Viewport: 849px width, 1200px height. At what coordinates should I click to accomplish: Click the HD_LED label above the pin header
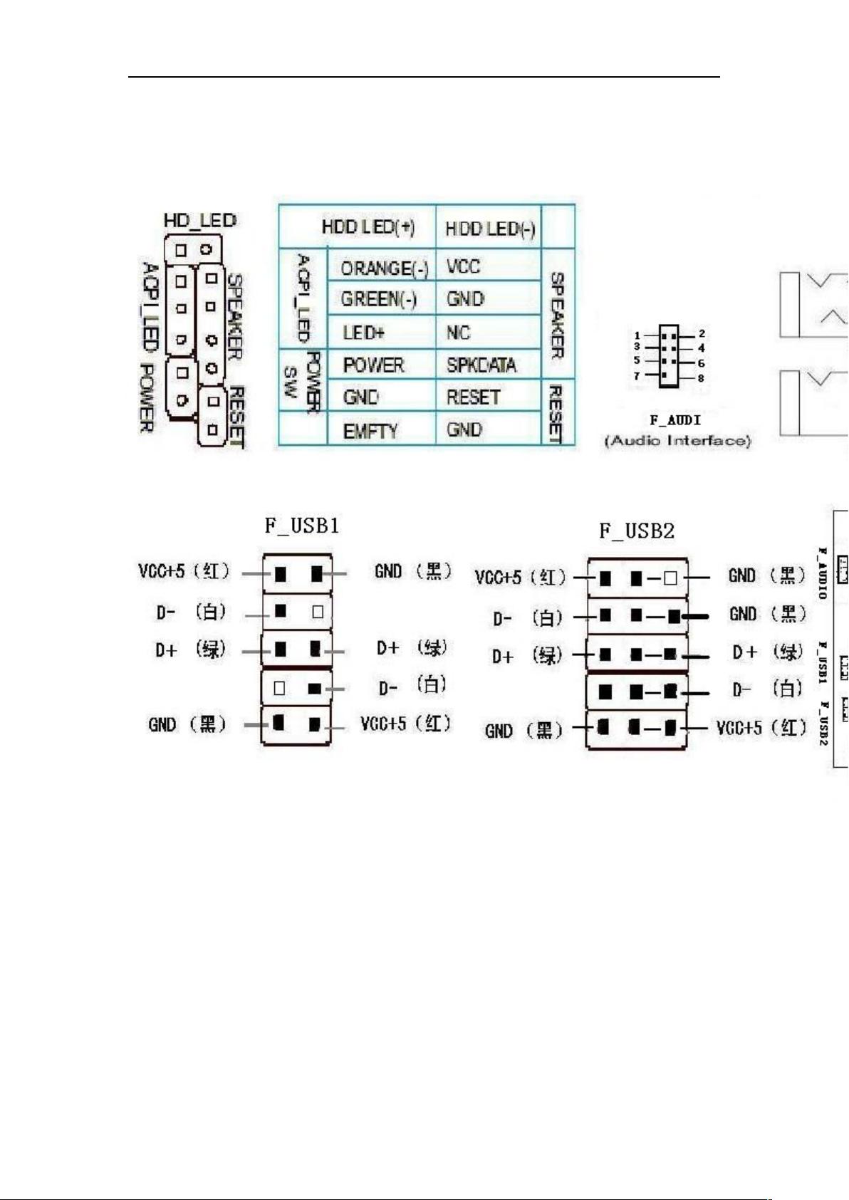pos(199,220)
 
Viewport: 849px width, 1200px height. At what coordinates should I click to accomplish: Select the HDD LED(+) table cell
pos(368,227)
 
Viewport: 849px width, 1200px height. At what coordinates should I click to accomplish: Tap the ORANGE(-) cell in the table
pos(384,268)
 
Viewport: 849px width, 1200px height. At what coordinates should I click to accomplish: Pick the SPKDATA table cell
pos(481,365)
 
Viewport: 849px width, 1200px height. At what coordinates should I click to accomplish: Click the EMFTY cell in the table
pos(370,431)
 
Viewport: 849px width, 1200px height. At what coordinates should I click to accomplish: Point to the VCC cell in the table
pos(463,266)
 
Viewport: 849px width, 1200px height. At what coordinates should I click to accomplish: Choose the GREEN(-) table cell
pos(379,299)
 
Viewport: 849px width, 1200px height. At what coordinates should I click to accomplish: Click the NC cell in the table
pos(458,333)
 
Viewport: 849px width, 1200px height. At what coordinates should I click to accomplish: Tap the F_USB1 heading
pos(302,526)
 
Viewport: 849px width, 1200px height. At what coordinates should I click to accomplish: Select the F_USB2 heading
pos(636,531)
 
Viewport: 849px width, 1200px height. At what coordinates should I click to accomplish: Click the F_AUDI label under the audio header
pos(675,420)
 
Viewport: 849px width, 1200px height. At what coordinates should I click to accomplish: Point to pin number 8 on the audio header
pos(701,378)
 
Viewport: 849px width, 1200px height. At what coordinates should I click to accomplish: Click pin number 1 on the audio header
pos(637,335)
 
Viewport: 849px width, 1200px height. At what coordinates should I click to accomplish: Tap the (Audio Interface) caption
pos(677,441)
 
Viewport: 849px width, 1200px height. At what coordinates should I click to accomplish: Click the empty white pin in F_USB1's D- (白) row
pos(318,611)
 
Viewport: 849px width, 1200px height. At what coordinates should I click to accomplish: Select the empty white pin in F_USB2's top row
pos(670,578)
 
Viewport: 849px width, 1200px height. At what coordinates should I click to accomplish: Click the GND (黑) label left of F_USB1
pos(187,724)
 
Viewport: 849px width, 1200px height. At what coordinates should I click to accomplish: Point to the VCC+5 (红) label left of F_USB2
pos(520,577)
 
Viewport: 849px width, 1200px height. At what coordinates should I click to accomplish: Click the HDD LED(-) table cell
pos(489,229)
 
